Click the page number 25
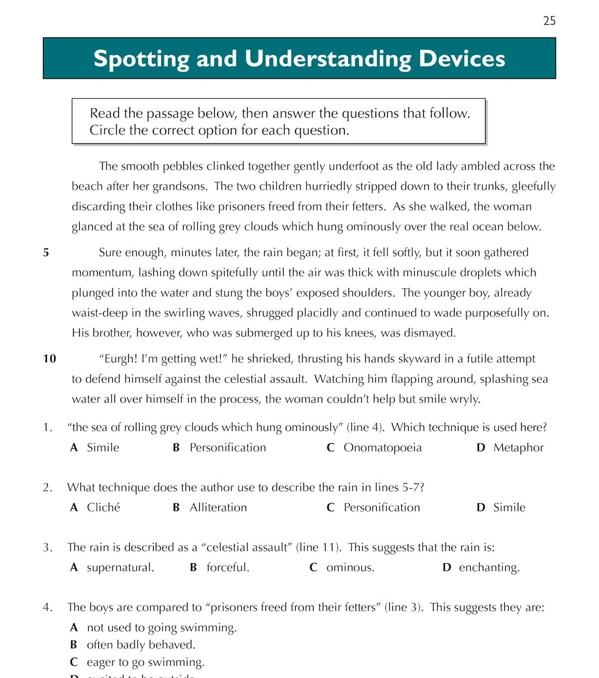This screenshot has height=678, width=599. tap(549, 20)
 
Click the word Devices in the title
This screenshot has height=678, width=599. tap(462, 58)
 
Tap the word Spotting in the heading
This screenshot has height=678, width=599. tap(141, 58)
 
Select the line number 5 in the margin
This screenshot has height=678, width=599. tap(46, 253)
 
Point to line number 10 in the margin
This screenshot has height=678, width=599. tap(49, 358)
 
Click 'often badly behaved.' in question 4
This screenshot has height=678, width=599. tap(141, 645)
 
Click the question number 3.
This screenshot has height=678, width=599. tap(47, 547)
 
